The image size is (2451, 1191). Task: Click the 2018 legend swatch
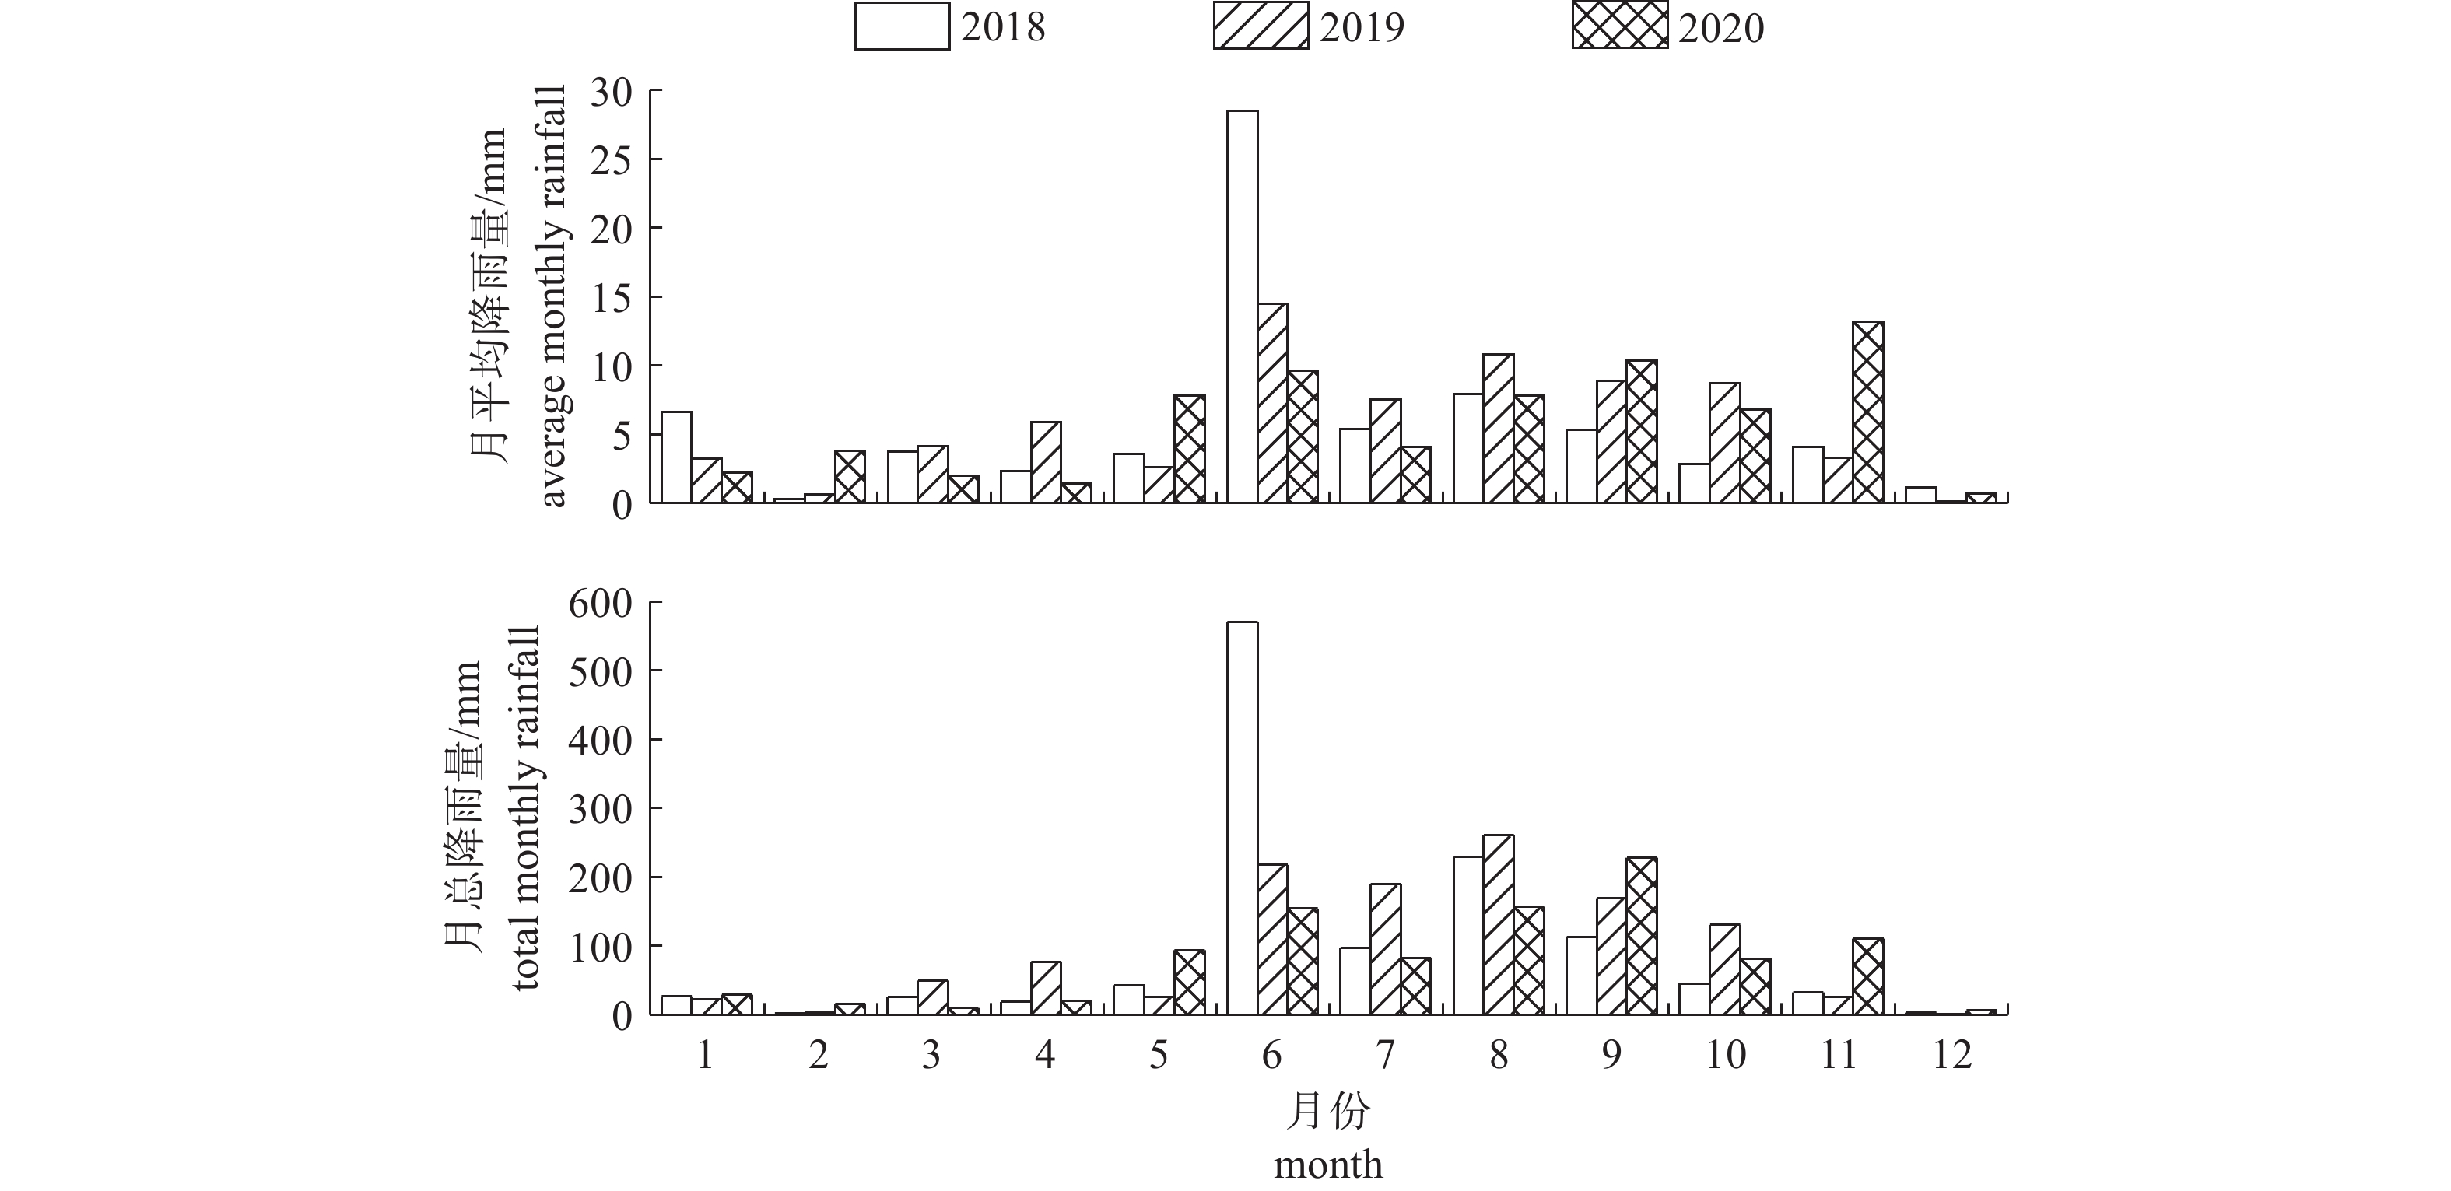[902, 26]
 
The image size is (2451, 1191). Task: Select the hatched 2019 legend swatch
[1261, 26]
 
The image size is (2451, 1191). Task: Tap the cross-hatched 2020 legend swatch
[1619, 26]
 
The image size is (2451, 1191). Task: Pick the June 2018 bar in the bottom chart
[1243, 818]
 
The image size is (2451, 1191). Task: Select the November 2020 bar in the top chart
[1867, 412]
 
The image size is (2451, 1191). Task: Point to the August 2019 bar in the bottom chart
[1499, 925]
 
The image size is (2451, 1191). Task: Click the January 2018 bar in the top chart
[676, 457]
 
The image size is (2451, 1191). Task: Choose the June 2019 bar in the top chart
[1273, 402]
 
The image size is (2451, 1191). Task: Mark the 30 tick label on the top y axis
[611, 93]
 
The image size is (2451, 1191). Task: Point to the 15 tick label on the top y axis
[611, 298]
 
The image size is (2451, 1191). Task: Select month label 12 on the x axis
[1951, 1055]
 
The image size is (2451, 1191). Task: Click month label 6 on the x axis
[1271, 1055]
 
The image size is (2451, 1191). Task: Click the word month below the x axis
[1328, 1165]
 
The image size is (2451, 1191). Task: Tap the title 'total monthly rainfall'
[526, 807]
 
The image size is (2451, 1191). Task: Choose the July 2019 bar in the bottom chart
[1385, 949]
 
